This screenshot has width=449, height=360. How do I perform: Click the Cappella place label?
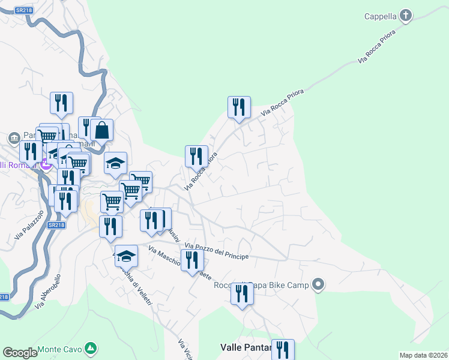tap(381, 16)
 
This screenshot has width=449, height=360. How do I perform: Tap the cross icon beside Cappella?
tap(406, 16)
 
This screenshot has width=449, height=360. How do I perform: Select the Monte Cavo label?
tap(59, 349)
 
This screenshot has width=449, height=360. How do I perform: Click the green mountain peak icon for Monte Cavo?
tap(90, 348)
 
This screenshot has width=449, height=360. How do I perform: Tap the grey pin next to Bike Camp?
tap(319, 284)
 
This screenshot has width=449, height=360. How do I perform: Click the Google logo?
tap(20, 353)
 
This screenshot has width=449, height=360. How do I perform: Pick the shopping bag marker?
tap(102, 130)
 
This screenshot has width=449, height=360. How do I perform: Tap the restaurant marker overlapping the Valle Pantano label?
tap(283, 350)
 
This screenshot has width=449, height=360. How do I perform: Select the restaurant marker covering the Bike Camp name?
tap(242, 294)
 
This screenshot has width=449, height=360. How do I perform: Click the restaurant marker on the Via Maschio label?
tap(192, 260)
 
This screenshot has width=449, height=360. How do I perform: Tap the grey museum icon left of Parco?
tap(14, 139)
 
